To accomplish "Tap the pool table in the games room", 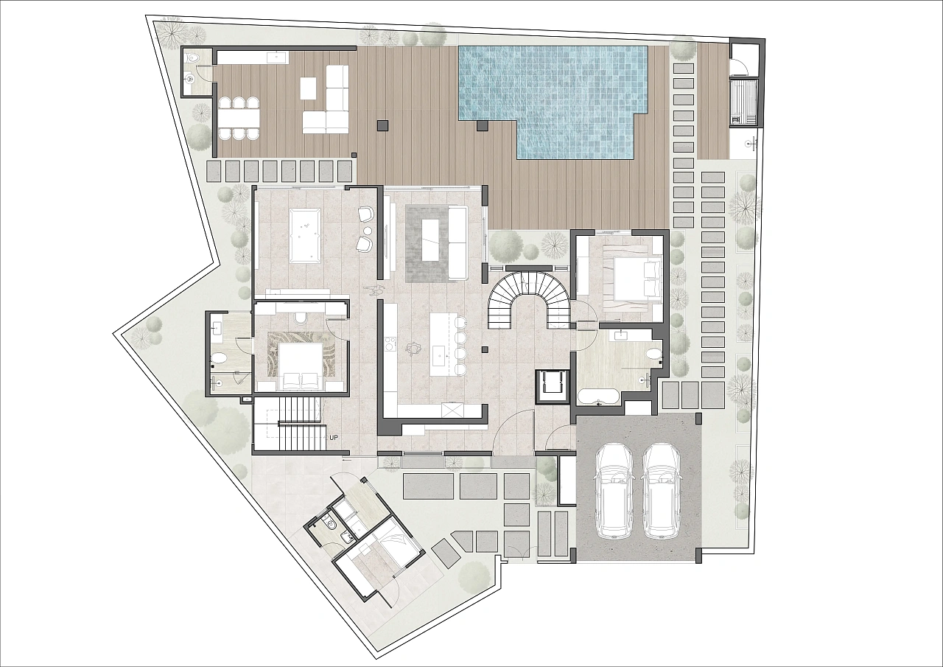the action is tap(305, 236).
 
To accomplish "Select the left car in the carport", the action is tap(614, 492).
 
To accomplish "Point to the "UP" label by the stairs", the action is tap(334, 438).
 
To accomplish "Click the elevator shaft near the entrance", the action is tap(552, 385).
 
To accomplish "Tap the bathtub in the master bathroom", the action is tap(598, 397).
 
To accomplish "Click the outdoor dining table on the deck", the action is tap(239, 119).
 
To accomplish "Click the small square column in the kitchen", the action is tap(485, 349).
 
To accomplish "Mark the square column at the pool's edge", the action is tap(481, 125).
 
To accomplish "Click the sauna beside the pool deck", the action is tap(744, 102).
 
